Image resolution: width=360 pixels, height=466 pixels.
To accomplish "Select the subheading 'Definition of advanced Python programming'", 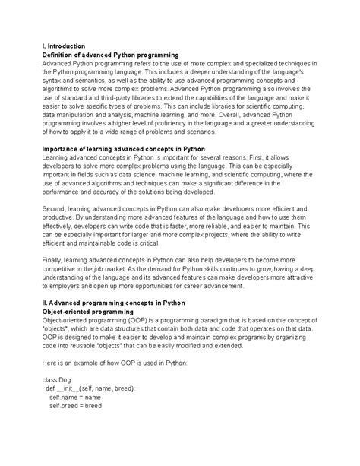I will click(x=109, y=55).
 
